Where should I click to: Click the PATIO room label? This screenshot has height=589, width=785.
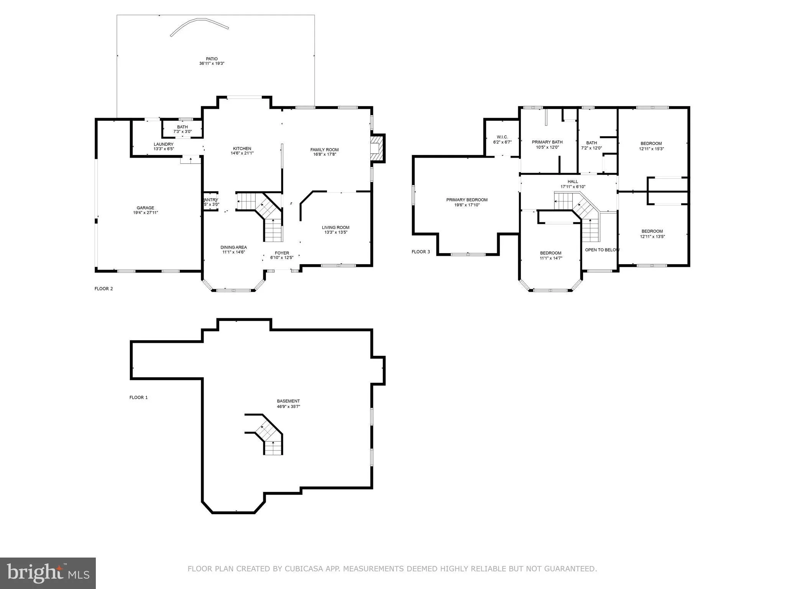coord(211,59)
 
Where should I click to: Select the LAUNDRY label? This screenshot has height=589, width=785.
coord(164,144)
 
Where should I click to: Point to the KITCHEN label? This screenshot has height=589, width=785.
coord(242,148)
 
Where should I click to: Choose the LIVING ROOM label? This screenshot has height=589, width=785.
coord(335,227)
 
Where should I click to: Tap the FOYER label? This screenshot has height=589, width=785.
coord(282,253)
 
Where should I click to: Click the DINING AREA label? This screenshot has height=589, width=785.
coord(233,247)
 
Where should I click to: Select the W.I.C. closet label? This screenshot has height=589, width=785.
coord(502,137)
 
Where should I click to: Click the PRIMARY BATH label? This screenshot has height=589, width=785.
coord(547,142)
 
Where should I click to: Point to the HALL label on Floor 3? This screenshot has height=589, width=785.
coord(573,182)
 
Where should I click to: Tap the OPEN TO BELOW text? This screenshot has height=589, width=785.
coord(602,250)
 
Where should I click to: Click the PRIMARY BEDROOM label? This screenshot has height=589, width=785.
coord(467,200)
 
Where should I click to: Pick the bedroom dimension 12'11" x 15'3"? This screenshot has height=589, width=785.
coord(651,149)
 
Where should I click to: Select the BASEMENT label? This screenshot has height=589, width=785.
coord(288,401)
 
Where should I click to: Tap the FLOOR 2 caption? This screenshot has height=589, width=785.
coord(103,289)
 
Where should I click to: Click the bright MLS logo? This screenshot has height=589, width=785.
coord(48,573)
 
